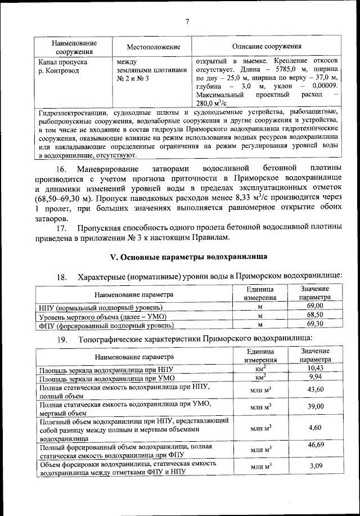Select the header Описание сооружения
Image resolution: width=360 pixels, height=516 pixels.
[x=267, y=47]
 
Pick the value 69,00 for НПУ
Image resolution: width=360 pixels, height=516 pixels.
[x=314, y=306]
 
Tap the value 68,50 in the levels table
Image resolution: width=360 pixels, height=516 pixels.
[x=314, y=315]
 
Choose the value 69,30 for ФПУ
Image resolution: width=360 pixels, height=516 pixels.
[x=314, y=324]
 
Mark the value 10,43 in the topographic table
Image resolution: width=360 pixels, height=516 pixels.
[x=314, y=368]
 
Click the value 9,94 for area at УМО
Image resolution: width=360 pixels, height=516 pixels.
[x=314, y=377]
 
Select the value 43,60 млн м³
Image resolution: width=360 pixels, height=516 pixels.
[x=314, y=389]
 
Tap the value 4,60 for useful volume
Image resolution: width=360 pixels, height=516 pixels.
[x=314, y=428]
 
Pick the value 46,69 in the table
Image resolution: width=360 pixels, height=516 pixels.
[x=314, y=445]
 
